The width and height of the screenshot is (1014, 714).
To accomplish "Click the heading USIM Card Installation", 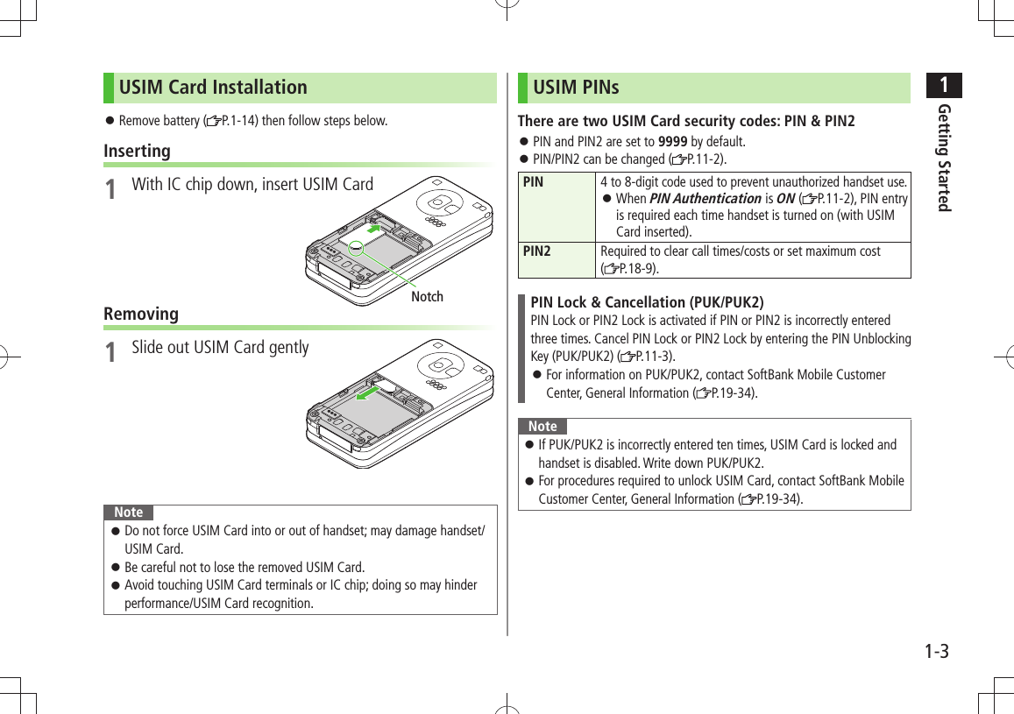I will coord(213,88).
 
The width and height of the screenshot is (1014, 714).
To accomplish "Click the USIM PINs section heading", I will coord(576,88).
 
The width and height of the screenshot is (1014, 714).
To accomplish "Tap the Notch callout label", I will coord(427,297).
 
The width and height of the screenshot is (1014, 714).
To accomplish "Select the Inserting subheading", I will coord(137,151).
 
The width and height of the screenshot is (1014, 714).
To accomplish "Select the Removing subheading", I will coord(140,314).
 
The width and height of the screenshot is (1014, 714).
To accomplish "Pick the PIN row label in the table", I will coord(533,182).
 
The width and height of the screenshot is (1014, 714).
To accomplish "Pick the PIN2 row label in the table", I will coord(536,251).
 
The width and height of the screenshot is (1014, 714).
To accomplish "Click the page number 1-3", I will coord(936,652).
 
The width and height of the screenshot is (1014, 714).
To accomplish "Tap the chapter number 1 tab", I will coord(943,86).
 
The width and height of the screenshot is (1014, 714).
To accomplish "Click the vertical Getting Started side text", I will coord(943,157).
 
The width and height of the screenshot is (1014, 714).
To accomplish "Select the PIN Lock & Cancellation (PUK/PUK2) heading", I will coord(647,302).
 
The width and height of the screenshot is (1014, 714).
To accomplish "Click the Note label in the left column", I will coord(129,513).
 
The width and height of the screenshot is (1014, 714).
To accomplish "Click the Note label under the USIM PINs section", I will coord(542,427).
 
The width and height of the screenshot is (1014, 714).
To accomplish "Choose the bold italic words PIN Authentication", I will coord(705,199).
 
